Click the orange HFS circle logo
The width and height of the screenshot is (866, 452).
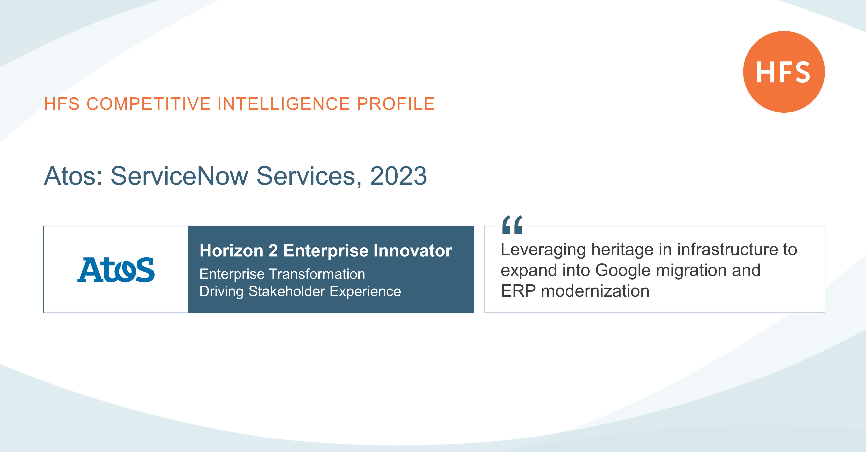784,72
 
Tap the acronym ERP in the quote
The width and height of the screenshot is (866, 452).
518,291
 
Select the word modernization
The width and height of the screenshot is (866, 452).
595,291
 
